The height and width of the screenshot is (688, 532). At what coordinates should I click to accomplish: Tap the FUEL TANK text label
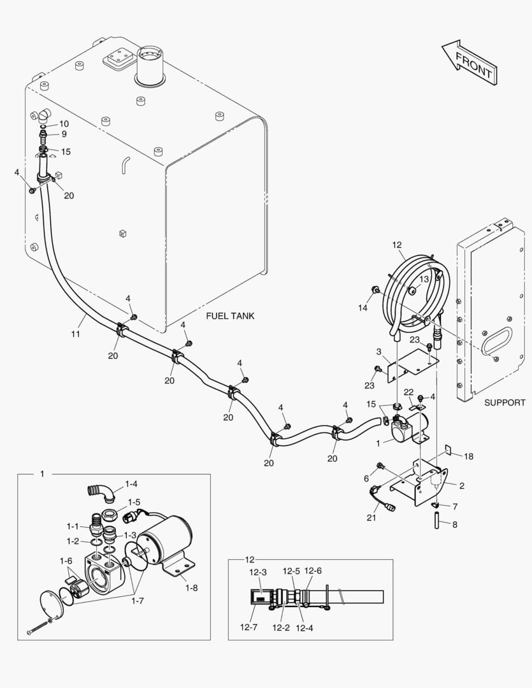(230, 316)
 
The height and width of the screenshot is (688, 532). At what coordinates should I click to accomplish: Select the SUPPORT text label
(505, 402)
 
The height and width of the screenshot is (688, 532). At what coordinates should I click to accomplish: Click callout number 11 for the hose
(75, 334)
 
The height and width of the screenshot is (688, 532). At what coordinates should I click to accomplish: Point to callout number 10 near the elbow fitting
(64, 123)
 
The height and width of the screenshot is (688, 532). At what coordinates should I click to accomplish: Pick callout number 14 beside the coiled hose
(363, 308)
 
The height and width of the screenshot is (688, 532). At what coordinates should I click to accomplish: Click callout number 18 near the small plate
(469, 456)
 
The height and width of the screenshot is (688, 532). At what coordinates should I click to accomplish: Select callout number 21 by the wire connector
(371, 517)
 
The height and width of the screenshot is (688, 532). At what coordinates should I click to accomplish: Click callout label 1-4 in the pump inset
(131, 484)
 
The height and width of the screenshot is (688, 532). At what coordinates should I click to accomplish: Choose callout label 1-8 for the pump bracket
(191, 587)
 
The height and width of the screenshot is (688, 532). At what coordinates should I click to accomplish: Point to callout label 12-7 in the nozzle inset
(248, 627)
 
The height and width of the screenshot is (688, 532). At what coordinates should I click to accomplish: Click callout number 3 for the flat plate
(378, 352)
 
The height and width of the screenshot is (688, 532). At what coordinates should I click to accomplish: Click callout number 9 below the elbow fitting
(64, 134)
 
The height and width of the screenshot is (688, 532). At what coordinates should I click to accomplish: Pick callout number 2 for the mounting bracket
(461, 485)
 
